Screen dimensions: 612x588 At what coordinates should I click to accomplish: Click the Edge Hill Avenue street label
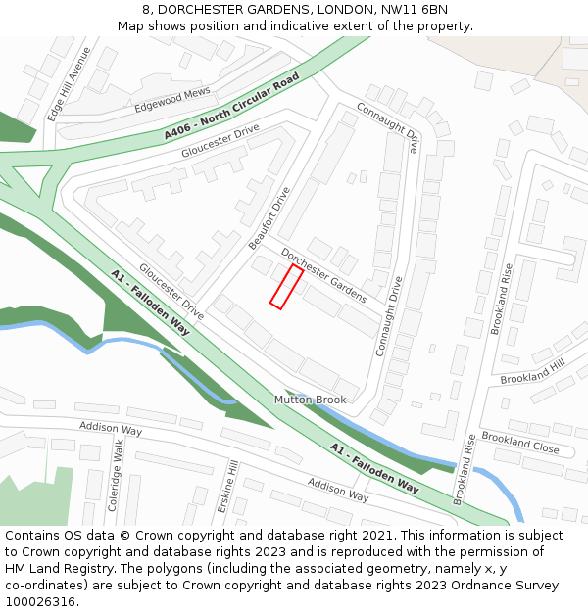tap(70, 84)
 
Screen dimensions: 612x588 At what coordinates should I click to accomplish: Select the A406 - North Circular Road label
tap(231, 105)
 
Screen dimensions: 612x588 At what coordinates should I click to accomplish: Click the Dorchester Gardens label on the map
tap(323, 275)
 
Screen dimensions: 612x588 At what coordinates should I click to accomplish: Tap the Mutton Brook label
tap(310, 400)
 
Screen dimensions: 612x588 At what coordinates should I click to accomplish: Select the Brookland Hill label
tap(532, 371)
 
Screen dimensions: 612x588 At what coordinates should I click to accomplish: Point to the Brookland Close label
tap(519, 443)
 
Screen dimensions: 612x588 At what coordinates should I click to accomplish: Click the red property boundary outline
tap(285, 287)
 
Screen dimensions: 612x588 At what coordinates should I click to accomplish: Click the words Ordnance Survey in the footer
tap(507, 586)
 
